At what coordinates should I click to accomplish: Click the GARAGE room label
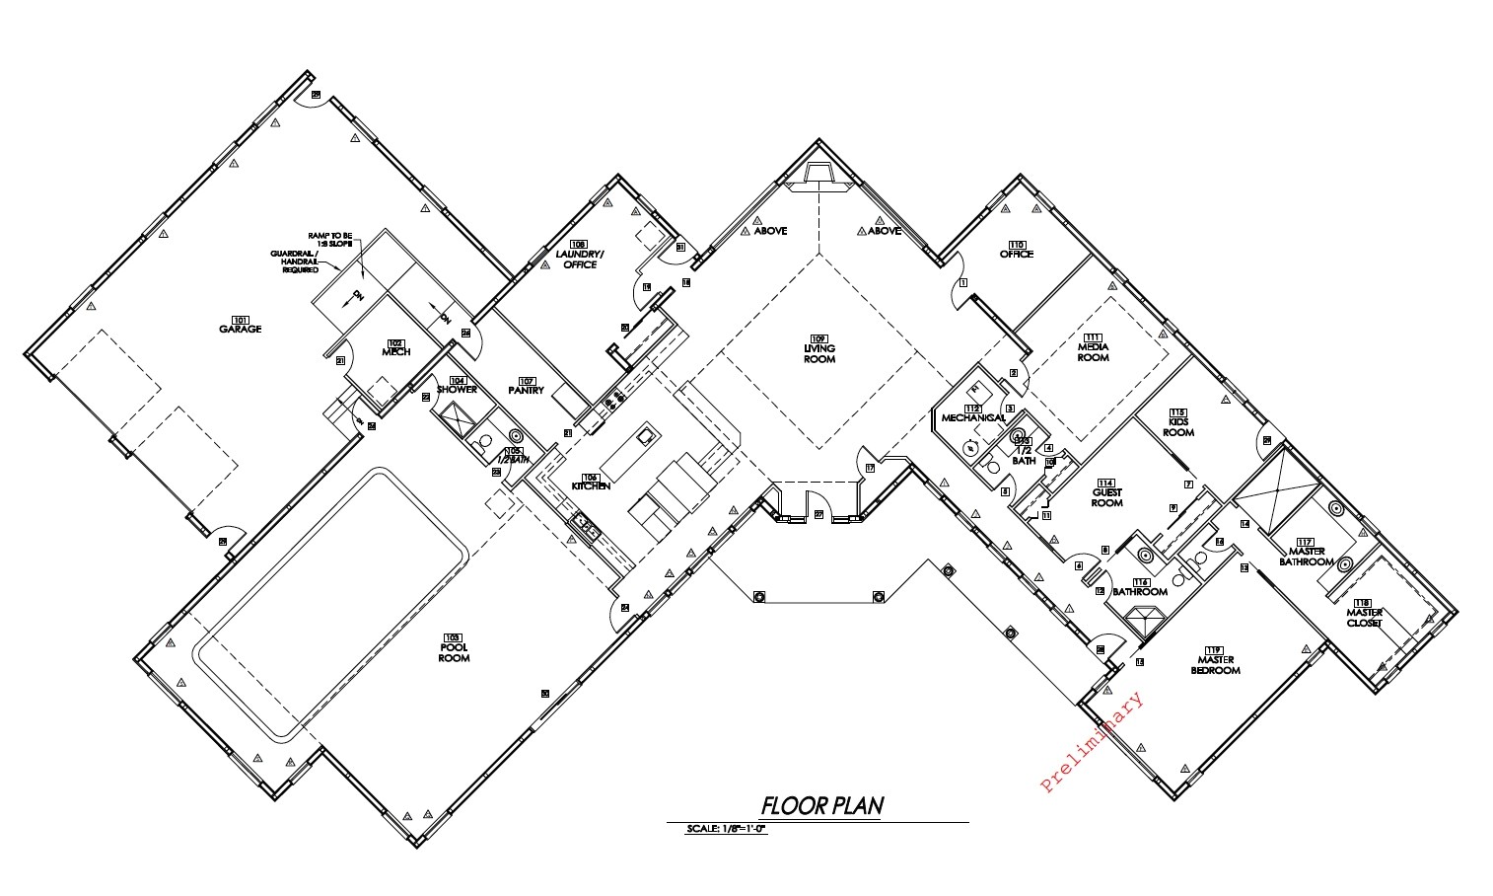point(240,328)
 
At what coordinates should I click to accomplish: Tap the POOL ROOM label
point(454,652)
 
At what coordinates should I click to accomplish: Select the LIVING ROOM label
point(818,353)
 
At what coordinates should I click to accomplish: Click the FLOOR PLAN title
point(821,805)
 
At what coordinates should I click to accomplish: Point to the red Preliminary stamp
point(1093,742)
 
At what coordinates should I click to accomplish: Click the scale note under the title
point(726,830)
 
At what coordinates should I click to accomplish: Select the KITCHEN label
point(591,485)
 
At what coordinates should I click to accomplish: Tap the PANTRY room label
point(526,390)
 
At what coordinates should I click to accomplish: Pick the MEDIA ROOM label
point(1093,352)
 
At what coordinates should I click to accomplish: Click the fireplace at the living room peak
point(818,174)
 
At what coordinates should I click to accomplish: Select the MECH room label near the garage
point(395,351)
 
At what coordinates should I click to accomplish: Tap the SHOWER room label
point(457,389)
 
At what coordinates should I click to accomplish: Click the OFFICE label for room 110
point(1016,254)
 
